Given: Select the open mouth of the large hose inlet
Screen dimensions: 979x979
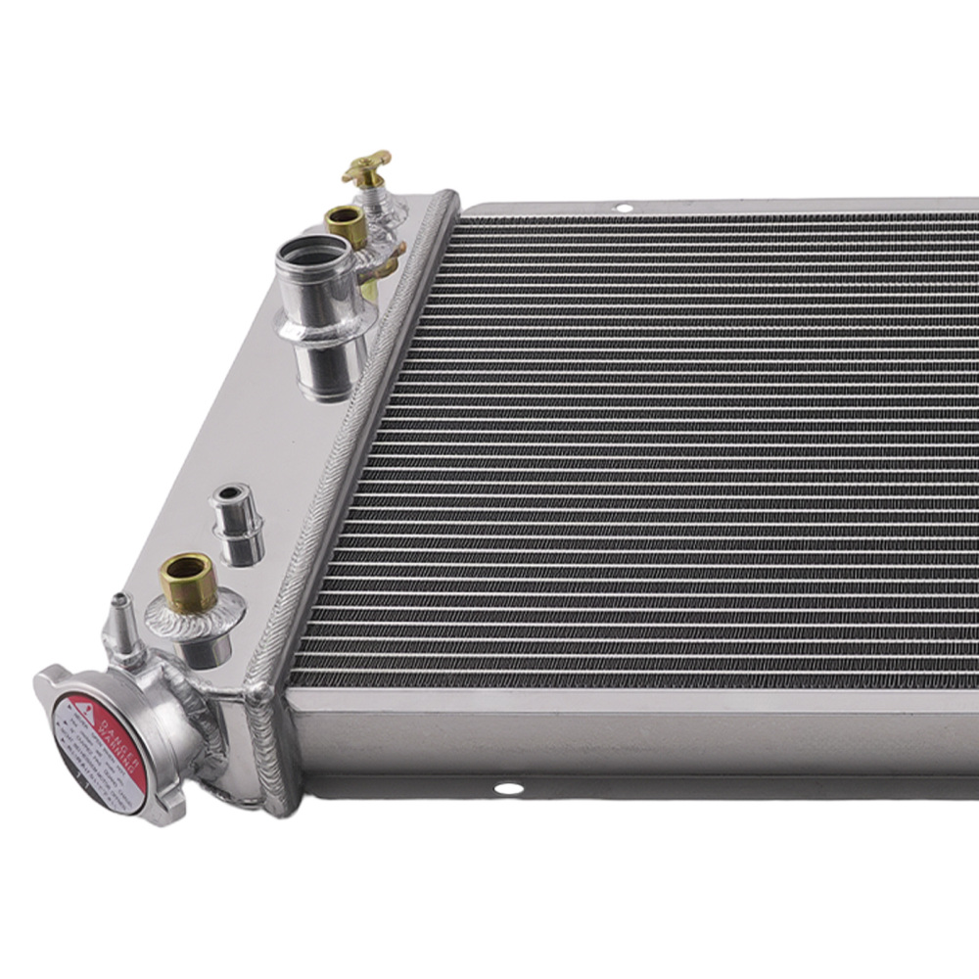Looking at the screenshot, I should [306, 253].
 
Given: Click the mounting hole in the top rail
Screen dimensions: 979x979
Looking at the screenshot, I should [623, 208].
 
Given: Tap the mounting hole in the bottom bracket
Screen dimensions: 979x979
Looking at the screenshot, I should [508, 788].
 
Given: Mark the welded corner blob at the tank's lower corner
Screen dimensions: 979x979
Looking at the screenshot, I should [262, 694].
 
